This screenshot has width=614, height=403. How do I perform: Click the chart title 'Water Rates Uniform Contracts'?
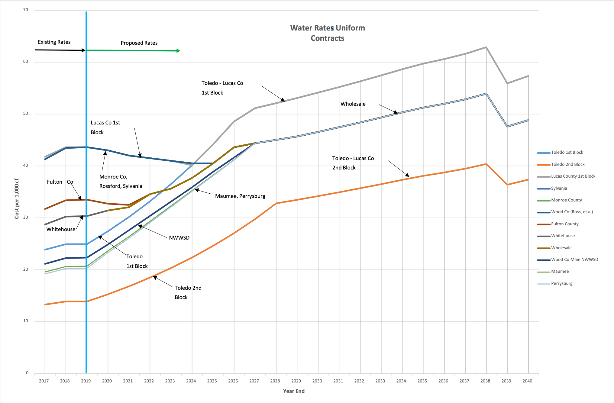(328, 33)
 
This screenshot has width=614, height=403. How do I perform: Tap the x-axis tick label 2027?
(254, 381)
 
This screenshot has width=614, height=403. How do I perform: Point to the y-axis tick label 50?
(26, 114)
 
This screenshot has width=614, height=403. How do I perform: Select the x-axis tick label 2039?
(506, 381)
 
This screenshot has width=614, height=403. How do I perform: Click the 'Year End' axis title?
(294, 391)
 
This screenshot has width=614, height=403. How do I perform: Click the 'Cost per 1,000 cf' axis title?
(17, 198)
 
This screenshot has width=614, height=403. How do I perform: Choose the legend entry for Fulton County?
(564, 224)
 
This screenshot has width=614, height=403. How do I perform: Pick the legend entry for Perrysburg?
(561, 283)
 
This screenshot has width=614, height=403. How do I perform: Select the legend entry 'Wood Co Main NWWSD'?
(574, 260)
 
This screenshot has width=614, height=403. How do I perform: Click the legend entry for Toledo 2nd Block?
(567, 164)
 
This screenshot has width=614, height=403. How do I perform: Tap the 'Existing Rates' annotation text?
(54, 42)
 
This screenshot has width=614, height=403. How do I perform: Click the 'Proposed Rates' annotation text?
(139, 43)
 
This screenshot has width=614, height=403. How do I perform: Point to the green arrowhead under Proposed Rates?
(178, 51)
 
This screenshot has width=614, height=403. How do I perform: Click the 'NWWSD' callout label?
(179, 238)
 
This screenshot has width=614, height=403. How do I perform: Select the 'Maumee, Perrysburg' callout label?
(240, 196)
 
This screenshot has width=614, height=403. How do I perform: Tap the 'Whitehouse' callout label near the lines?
(61, 229)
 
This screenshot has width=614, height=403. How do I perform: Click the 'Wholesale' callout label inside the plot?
(353, 104)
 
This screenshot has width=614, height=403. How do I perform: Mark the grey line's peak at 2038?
(486, 47)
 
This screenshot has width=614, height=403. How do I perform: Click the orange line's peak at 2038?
(486, 164)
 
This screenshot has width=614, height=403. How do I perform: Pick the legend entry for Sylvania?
(559, 188)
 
